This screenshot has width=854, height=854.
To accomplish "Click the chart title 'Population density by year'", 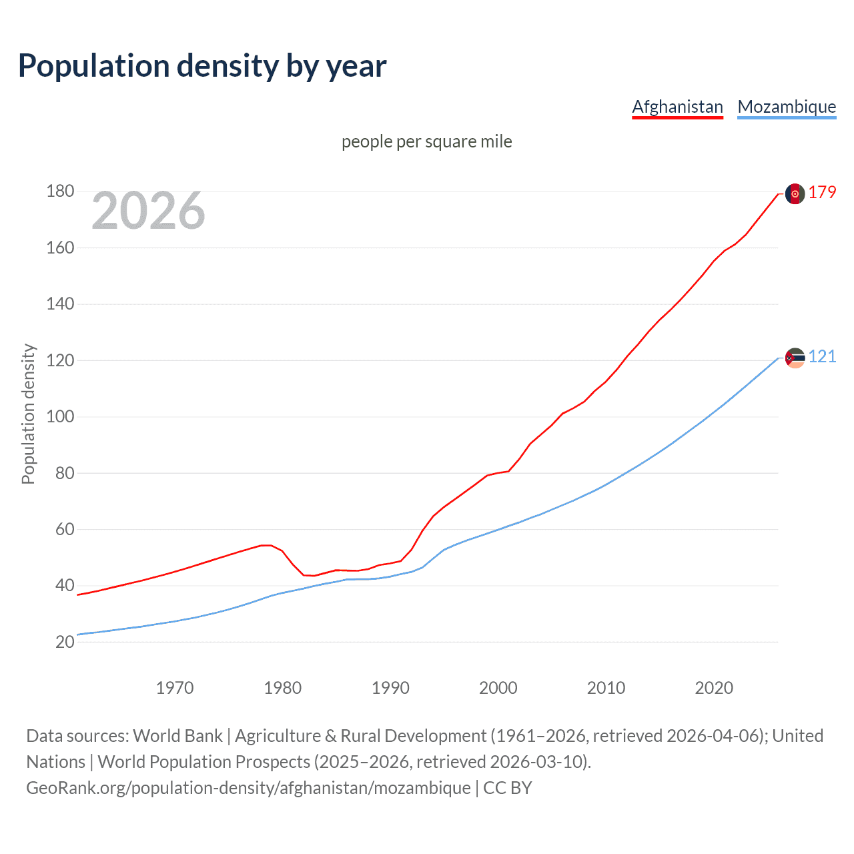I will [x=202, y=66].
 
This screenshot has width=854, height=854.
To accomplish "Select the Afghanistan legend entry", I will [x=677, y=107].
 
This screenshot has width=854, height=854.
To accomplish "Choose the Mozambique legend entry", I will [x=787, y=107].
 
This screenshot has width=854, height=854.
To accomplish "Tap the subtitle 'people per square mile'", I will [x=426, y=141].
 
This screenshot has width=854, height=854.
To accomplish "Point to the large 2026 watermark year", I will [x=148, y=211].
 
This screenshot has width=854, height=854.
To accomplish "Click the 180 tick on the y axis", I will [x=60, y=191].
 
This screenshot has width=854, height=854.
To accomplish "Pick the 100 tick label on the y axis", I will [x=60, y=417].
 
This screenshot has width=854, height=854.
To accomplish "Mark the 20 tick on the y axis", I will [x=65, y=642].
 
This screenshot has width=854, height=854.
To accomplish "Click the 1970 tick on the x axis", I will [x=175, y=688].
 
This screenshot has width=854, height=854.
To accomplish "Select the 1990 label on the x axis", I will [x=390, y=688].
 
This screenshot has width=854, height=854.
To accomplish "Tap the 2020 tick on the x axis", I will [x=714, y=688].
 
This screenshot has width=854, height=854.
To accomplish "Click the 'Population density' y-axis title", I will [x=28, y=414].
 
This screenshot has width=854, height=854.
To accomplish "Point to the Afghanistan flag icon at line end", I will [x=795, y=193].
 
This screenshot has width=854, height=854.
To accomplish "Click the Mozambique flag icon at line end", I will [x=795, y=358].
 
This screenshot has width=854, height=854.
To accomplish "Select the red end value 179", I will [x=822, y=193].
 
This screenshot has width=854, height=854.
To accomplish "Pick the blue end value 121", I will [x=822, y=357].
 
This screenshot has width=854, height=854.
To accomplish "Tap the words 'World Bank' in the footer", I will [x=177, y=736].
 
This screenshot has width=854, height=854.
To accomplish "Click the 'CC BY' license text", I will [x=507, y=788].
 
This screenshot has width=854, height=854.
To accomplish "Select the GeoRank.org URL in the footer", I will [x=248, y=788].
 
